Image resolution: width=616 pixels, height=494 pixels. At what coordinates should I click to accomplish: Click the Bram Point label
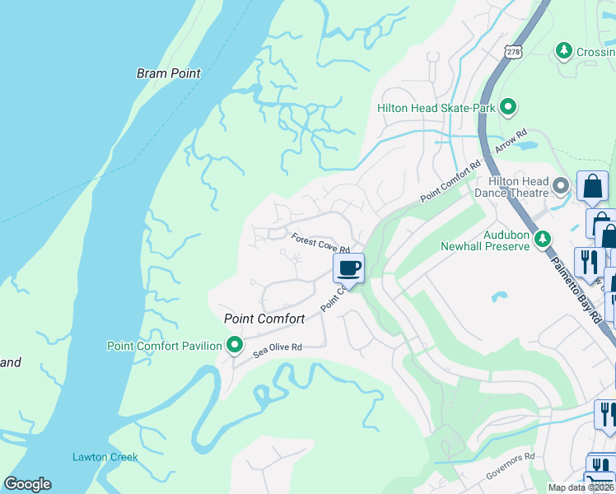click(x=168, y=73)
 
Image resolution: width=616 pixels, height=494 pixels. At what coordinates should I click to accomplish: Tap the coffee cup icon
click(x=348, y=268)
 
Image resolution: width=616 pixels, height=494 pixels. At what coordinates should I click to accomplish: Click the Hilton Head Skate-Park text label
click(x=436, y=108)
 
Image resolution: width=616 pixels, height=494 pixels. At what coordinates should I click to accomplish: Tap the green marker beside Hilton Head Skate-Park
click(x=509, y=107)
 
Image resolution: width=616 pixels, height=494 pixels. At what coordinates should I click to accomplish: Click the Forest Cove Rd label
click(x=321, y=244)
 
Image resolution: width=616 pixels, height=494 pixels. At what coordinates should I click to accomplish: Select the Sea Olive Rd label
click(x=278, y=348)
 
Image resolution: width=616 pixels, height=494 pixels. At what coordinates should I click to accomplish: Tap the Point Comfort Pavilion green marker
click(x=235, y=345)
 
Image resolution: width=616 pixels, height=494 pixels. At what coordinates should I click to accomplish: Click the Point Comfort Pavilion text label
click(x=164, y=346)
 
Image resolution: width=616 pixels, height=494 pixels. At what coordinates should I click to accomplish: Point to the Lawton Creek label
click(x=105, y=457)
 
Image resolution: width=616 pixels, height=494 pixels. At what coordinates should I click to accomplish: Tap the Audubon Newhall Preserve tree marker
click(x=542, y=239)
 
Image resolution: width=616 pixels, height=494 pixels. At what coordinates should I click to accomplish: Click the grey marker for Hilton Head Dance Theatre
click(x=562, y=186)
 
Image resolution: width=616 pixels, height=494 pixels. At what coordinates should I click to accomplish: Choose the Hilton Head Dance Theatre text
click(x=518, y=187)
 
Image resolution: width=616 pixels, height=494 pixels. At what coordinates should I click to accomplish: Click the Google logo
click(x=27, y=484)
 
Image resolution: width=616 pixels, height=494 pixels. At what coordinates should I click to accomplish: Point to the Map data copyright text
click(x=581, y=487)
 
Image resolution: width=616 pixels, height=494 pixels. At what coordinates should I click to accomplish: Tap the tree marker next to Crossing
click(x=564, y=51)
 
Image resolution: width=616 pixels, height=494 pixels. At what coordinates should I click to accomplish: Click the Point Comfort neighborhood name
click(x=264, y=319)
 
